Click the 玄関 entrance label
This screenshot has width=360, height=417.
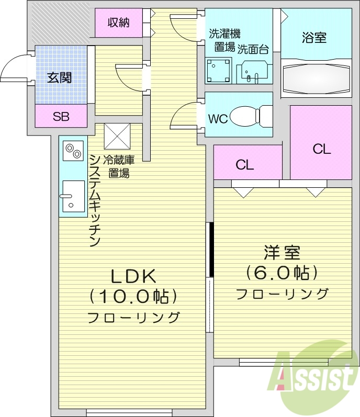click(60, 78)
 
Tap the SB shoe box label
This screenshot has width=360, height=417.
click(61, 117)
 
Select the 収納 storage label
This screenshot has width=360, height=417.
click(118, 22)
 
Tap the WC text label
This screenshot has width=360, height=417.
click(218, 119)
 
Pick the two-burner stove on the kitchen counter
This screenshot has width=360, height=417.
click(73, 151)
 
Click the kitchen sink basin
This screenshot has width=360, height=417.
click(73, 196)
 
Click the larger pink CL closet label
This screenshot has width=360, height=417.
click(322, 149)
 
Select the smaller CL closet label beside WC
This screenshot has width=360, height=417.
click(244, 165)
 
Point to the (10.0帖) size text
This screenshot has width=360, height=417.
click(133, 297)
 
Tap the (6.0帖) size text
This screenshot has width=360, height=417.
click(282, 273)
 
